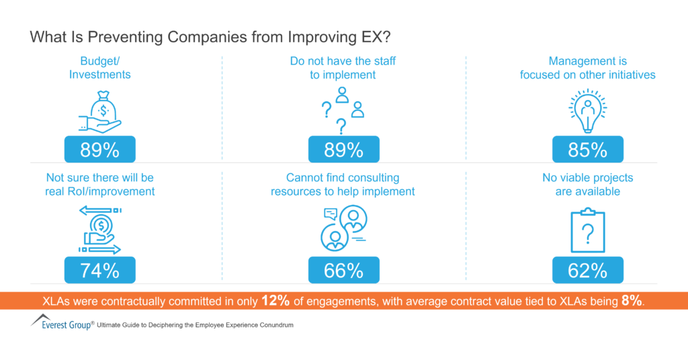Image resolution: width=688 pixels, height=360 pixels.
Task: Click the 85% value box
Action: (x=588, y=149)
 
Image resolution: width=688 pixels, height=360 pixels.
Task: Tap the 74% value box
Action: (x=100, y=270)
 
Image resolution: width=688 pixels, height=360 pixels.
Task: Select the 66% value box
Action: (x=343, y=270)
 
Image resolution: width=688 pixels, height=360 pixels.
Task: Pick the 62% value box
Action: (x=588, y=270)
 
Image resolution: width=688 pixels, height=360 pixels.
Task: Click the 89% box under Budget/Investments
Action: (x=100, y=149)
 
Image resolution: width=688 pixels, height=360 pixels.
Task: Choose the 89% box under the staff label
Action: (x=343, y=149)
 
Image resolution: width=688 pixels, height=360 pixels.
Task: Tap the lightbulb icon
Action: (x=587, y=110)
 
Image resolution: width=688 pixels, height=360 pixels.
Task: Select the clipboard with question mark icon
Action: (x=587, y=231)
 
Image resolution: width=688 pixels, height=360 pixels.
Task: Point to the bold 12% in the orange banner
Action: (x=275, y=301)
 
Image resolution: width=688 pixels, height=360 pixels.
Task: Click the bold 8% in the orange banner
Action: (x=632, y=301)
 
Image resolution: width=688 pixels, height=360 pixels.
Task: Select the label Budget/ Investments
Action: (x=100, y=68)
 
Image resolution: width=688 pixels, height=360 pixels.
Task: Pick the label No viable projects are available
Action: (x=587, y=185)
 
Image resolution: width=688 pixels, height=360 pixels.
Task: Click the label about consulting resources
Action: (x=343, y=185)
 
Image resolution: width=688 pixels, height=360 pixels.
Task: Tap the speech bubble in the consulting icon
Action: (x=330, y=214)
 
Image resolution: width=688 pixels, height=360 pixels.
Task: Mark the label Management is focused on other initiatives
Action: (x=587, y=68)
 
